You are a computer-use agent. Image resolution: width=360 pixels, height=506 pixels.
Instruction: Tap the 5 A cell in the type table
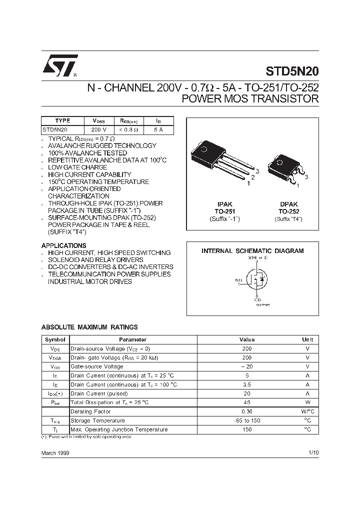click(x=158, y=128)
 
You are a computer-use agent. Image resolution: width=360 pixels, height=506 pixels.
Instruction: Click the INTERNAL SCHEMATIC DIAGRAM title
click(x=252, y=251)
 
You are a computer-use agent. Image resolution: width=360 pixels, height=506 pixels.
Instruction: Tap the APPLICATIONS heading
click(x=63, y=245)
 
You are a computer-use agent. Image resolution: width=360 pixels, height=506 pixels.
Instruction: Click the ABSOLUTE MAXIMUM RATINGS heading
click(x=89, y=327)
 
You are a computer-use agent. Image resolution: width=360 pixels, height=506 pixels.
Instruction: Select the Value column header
click(x=246, y=339)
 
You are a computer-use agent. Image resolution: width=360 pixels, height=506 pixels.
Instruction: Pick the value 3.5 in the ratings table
click(x=246, y=384)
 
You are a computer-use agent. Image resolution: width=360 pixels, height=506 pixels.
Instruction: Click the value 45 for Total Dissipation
click(x=246, y=402)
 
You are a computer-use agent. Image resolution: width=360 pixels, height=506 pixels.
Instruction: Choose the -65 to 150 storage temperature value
click(x=246, y=420)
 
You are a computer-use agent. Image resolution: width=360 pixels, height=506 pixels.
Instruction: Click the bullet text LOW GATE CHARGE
click(x=77, y=167)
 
